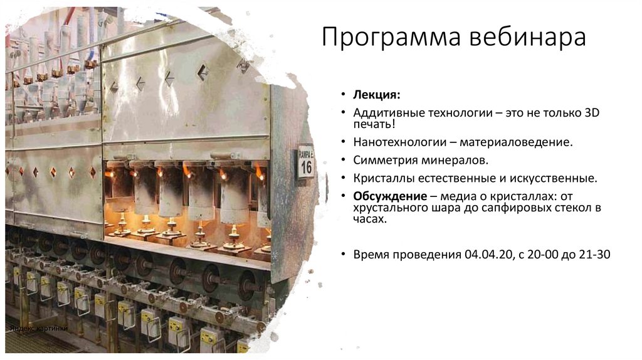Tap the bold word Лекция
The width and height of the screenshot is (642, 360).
pos(376,95)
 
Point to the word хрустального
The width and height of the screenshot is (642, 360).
pos(391,208)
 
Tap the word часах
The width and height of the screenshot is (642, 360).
pos(370,220)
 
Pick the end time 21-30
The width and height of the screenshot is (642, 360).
pos(593,255)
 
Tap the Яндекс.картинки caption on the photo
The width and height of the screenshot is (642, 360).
pos(38,329)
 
